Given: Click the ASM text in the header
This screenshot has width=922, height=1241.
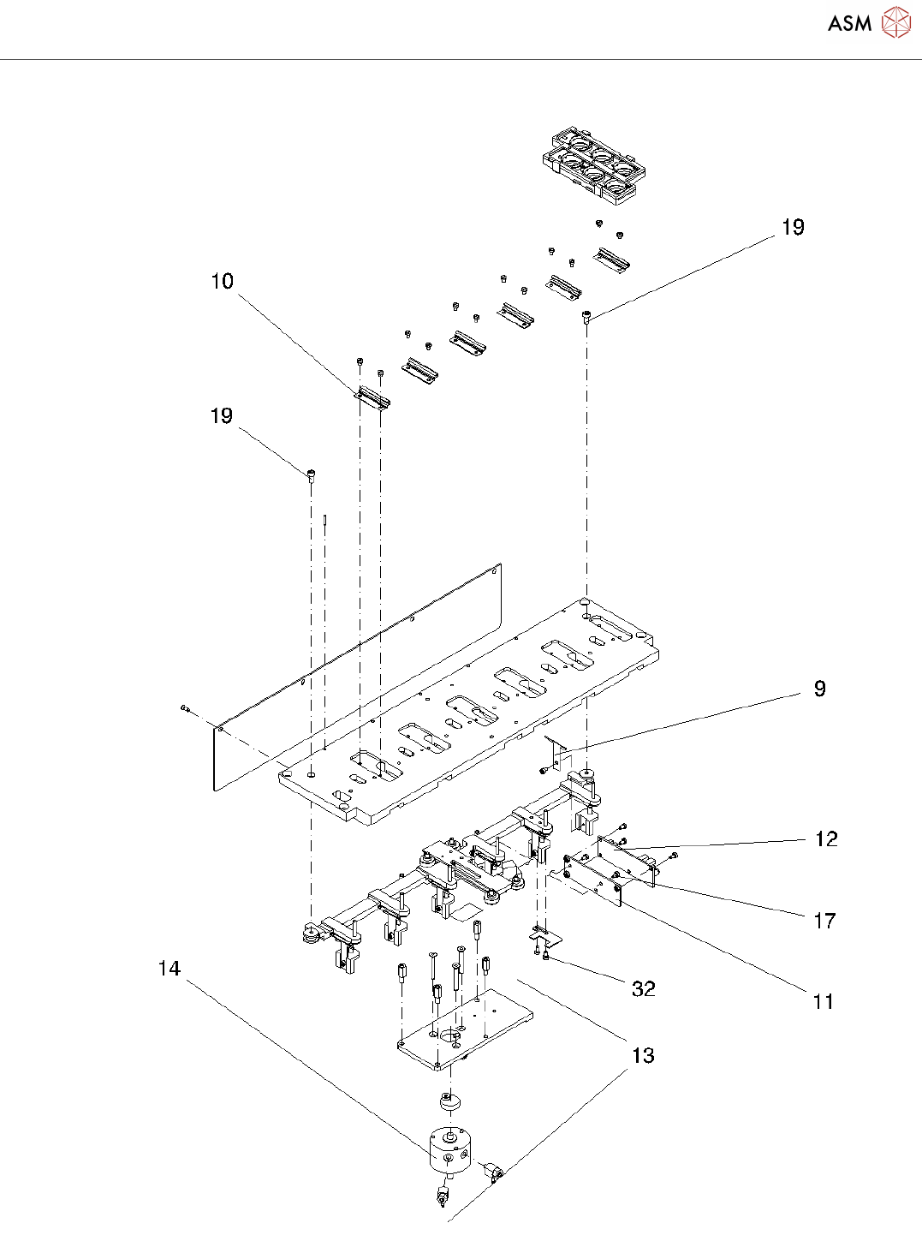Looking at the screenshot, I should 849,23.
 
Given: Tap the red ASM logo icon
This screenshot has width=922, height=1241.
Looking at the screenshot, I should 895,22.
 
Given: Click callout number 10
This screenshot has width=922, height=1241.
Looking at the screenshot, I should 222,281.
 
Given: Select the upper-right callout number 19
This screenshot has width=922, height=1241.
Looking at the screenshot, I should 793,227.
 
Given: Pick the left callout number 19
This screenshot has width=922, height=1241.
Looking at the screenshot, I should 222,415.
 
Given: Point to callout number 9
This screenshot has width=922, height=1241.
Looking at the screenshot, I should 819,689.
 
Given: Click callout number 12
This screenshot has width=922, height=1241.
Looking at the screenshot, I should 825,838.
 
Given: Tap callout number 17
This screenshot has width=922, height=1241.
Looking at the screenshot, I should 824,921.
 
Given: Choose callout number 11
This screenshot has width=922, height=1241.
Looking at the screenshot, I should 823,1001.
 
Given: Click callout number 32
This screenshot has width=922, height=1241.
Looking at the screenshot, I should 643,988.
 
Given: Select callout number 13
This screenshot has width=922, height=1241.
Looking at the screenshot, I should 642,1055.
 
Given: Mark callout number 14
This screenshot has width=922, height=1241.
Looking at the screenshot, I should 170,969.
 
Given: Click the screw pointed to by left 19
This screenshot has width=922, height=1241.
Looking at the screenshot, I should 312,474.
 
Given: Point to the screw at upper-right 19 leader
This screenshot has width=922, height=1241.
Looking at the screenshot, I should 586,317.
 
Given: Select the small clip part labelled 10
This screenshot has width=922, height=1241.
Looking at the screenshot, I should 372,396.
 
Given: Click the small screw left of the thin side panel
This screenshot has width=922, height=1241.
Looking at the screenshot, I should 185,707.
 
